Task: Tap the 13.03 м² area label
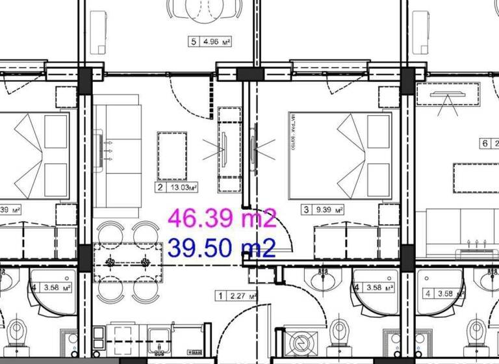pos(183,188)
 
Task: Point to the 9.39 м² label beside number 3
pos(329,210)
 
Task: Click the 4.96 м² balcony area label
pos(216,42)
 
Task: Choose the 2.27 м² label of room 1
pos(242,296)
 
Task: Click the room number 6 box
pos(484,144)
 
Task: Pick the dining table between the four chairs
pos(128,262)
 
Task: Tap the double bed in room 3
pos(340,155)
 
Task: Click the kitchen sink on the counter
pos(157,337)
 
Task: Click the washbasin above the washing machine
pos(324,280)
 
